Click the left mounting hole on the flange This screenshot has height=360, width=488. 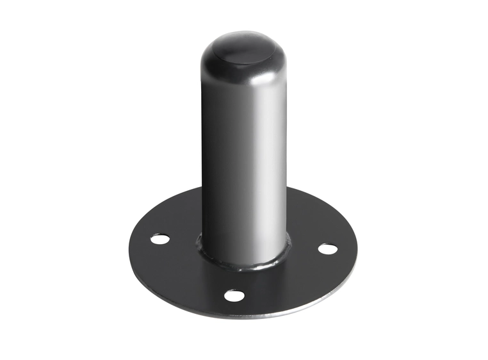pos(160,239)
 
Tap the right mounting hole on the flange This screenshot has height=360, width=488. pos(327,248)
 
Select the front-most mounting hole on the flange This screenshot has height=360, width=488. pos(234,295)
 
